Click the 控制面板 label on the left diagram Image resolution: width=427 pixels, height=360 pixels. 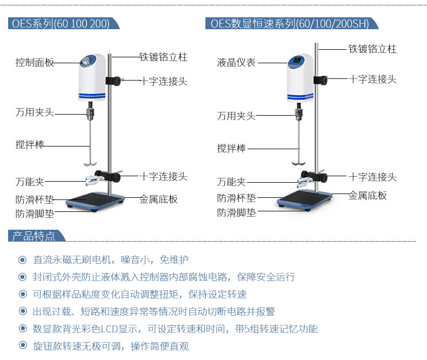[35, 63]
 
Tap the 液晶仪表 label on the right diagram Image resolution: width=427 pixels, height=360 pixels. [236, 63]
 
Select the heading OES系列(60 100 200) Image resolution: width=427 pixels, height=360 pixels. [61, 24]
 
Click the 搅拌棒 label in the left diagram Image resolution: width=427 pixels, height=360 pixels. [30, 145]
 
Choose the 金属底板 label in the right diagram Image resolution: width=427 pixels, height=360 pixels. [368, 196]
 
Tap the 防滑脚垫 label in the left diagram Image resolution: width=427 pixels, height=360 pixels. [35, 214]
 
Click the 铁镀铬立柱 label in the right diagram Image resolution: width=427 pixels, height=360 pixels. [372, 49]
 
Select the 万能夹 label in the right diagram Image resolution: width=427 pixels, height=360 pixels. [231, 182]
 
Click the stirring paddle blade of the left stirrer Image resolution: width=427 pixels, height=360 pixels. [90, 162]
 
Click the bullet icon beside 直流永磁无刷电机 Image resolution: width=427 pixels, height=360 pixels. [22, 260]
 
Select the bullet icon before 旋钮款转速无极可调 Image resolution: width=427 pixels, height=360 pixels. [22, 346]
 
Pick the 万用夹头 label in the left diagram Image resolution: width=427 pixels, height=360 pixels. [35, 113]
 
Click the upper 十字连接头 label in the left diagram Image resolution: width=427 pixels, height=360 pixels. [164, 82]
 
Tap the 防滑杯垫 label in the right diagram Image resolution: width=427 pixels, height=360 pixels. [236, 198]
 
